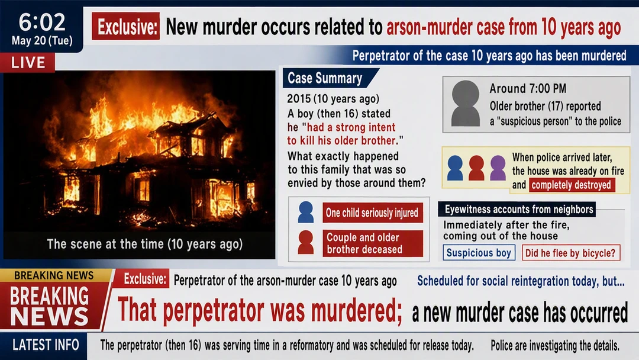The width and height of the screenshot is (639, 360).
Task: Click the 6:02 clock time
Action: click(x=41, y=22)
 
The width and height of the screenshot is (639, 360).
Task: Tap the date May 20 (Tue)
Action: click(x=42, y=41)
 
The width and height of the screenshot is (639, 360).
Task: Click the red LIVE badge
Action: click(x=28, y=62)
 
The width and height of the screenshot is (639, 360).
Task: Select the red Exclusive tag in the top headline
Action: click(x=125, y=27)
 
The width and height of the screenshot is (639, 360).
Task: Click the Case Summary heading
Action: click(x=325, y=78)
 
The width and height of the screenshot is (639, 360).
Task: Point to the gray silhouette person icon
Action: click(x=466, y=103)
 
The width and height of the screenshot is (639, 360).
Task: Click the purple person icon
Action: click(x=498, y=168)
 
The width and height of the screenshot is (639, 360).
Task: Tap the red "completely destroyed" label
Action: click(x=572, y=185)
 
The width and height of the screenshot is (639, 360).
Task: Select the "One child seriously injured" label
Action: click(x=373, y=213)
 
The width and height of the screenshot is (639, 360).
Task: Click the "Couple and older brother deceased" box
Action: click(x=373, y=243)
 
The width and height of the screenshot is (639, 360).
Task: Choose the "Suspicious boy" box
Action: click(x=479, y=253)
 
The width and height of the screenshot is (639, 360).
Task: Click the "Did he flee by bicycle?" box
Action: click(x=571, y=253)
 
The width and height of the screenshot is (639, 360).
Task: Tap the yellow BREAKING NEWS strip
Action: click(x=54, y=275)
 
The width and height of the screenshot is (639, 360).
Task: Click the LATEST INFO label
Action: click(x=46, y=345)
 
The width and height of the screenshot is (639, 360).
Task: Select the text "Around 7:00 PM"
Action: click(x=528, y=88)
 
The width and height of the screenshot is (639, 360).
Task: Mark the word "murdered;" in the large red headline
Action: click(x=357, y=311)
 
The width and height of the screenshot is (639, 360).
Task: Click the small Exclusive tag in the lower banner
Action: click(x=145, y=279)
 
